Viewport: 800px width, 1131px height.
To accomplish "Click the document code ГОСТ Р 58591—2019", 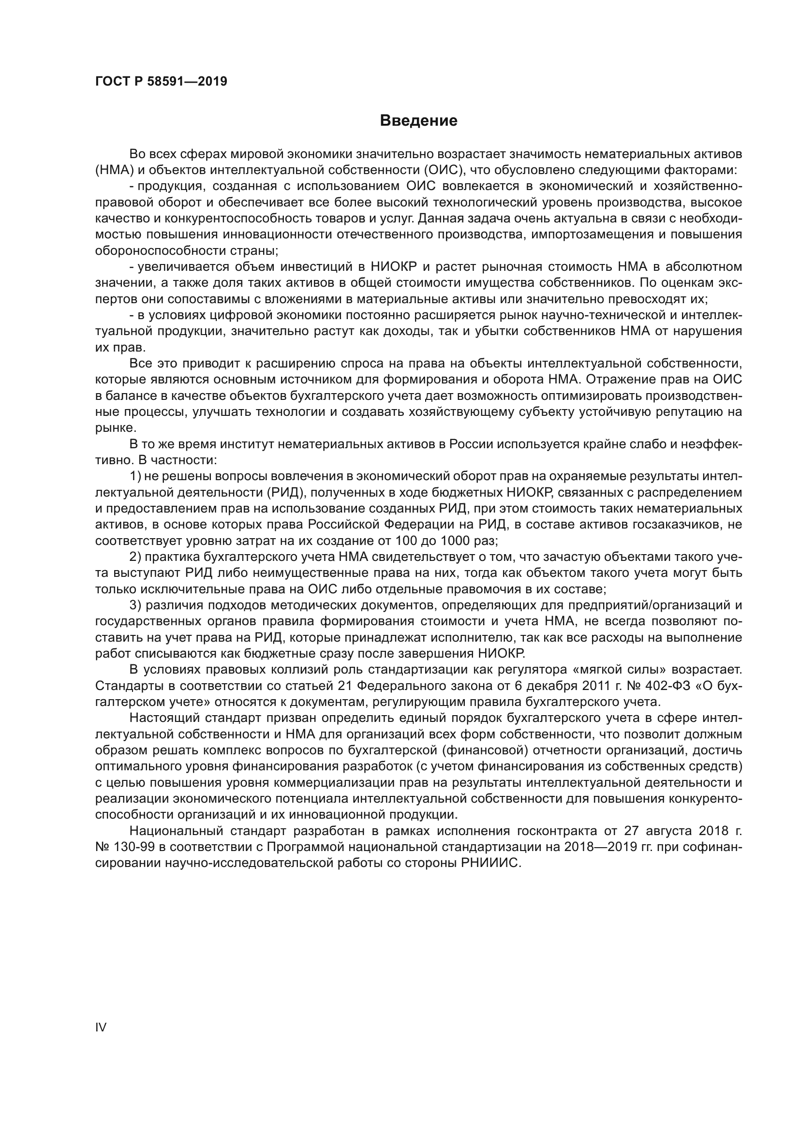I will tap(161, 82).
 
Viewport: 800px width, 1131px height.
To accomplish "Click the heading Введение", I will tap(418, 121).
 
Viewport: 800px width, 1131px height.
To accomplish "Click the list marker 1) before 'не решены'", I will tap(136, 476).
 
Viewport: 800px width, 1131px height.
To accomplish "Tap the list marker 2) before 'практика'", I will tap(136, 557).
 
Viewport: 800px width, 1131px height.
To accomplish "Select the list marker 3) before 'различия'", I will tap(136, 605).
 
